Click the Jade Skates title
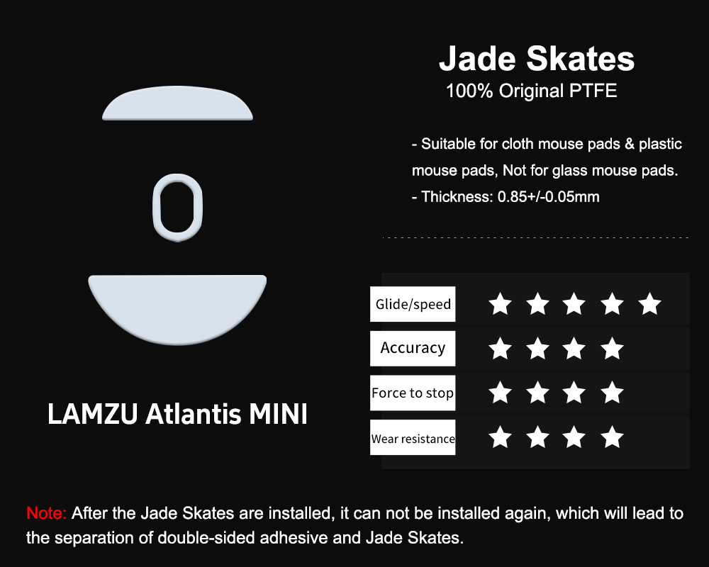point(537,59)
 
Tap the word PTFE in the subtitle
point(593,91)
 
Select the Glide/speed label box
point(413,304)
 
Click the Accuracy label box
point(413,348)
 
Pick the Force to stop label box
point(413,393)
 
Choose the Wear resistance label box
point(413,437)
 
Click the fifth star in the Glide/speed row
point(649,303)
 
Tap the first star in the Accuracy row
point(500,348)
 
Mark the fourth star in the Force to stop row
point(613,392)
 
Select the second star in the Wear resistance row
point(537,437)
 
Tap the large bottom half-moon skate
point(177,308)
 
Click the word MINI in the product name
point(278,414)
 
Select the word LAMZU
point(92,414)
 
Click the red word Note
point(47,513)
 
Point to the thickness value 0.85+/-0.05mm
point(549,197)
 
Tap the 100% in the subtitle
point(469,91)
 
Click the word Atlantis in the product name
point(193,414)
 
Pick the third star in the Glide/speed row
point(574,303)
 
